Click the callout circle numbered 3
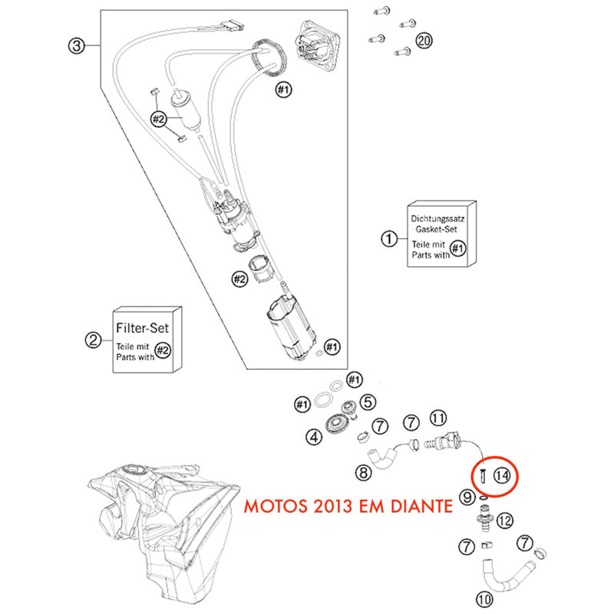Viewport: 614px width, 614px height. tap(75, 45)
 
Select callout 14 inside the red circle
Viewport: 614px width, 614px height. tap(502, 476)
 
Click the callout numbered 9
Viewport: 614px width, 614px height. tap(467, 498)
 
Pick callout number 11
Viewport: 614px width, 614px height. tap(437, 418)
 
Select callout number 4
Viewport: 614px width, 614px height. tap(313, 437)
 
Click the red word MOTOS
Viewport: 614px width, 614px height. tap(273, 507)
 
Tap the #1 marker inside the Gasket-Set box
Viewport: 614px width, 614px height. tap(458, 248)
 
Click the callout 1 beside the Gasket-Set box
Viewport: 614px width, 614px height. tap(390, 239)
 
